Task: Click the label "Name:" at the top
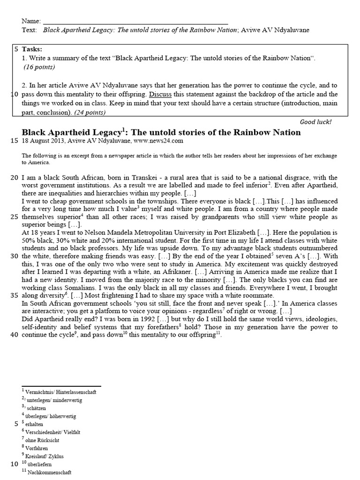(31, 22)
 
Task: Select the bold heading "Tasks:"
(32, 49)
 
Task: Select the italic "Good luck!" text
(315, 122)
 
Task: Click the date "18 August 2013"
(43, 140)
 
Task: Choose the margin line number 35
(14, 295)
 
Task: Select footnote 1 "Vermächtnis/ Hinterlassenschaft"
(60, 391)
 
